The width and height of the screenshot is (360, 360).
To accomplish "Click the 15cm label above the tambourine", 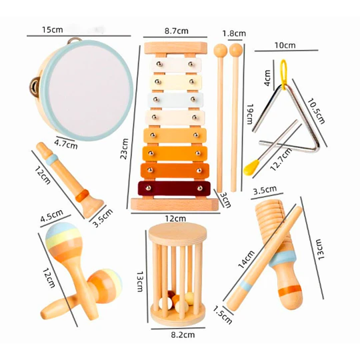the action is (53, 29).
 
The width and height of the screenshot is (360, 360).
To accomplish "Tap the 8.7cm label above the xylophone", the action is (176, 31).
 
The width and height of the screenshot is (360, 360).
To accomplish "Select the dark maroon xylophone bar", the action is (174, 189).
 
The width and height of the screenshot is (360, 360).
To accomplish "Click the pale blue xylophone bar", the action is (175, 100).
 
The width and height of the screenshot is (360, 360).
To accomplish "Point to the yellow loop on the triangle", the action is (284, 73).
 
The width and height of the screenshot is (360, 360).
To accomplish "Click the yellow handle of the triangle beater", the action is (251, 167).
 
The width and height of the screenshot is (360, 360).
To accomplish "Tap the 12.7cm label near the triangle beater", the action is (281, 159).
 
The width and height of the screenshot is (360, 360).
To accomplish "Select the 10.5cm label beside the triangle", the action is (316, 111).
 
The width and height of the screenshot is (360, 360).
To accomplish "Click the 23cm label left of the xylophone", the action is (124, 149).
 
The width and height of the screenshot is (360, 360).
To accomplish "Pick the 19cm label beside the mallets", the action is (250, 114).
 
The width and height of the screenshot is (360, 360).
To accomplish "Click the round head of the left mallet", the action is (221, 50).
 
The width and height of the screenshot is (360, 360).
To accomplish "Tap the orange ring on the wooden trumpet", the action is (82, 195).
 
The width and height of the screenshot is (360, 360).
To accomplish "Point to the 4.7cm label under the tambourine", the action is (66, 144).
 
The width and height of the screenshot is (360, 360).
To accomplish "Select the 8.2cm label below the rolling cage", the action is (183, 335).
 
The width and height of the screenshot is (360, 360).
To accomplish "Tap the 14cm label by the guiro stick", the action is (247, 259).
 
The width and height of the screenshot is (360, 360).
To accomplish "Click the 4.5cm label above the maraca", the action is (51, 215).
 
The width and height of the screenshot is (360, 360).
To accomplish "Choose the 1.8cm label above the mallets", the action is (234, 33).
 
